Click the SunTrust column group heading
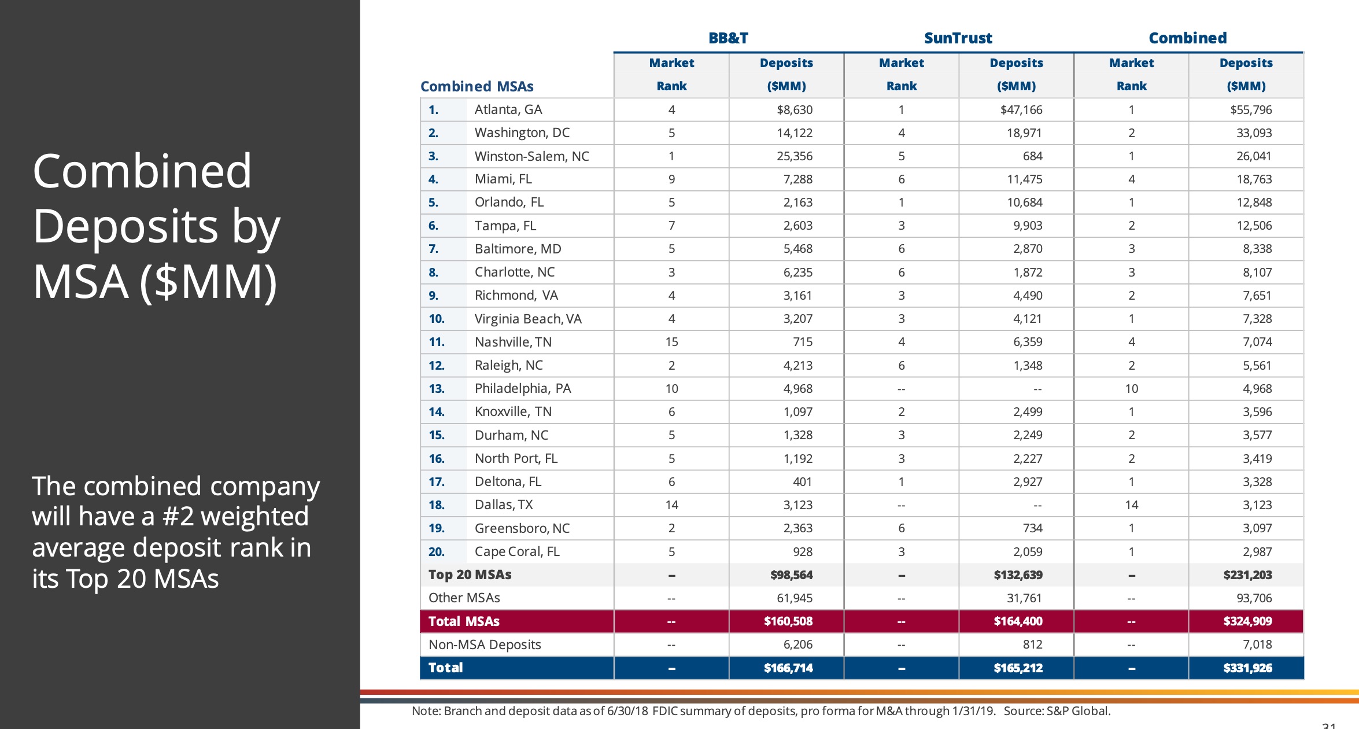click(958, 38)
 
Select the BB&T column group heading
click(728, 38)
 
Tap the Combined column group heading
click(1187, 38)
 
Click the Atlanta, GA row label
click(508, 109)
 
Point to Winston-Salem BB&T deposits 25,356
click(794, 156)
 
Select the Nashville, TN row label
click(513, 342)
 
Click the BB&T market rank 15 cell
click(671, 342)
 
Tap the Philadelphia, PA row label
click(522, 388)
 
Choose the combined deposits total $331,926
click(1247, 668)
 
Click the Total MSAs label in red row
click(464, 621)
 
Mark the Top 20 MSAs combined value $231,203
click(1247, 575)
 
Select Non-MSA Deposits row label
click(485, 645)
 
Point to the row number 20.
click(436, 552)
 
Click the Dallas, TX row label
click(503, 505)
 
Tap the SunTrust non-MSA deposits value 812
click(1032, 645)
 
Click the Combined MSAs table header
click(477, 86)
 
